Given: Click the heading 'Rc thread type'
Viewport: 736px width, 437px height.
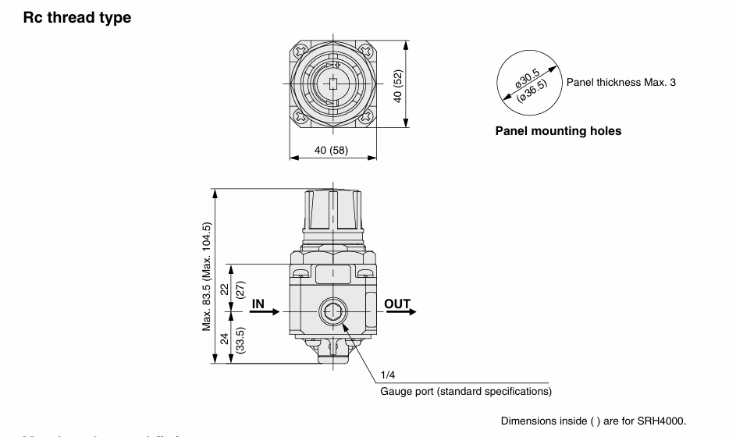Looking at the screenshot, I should [76, 17].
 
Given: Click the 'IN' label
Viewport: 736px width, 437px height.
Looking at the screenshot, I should [258, 304].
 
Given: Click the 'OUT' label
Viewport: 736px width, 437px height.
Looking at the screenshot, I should [397, 304].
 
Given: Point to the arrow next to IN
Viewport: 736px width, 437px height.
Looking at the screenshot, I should [265, 312].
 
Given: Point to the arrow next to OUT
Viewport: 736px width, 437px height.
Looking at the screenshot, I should [401, 312].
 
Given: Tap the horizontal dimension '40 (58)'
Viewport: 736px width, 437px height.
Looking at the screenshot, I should [332, 148].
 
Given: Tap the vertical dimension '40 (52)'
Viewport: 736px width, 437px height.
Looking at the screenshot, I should [398, 85].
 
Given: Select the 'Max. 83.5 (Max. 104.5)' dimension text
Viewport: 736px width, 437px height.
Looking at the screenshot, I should [207, 276].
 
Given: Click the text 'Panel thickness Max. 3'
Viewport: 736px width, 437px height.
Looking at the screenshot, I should [621, 82].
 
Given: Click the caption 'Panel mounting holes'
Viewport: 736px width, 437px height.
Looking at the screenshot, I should [558, 131].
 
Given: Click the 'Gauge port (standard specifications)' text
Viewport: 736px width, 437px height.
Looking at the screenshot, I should [466, 391].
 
